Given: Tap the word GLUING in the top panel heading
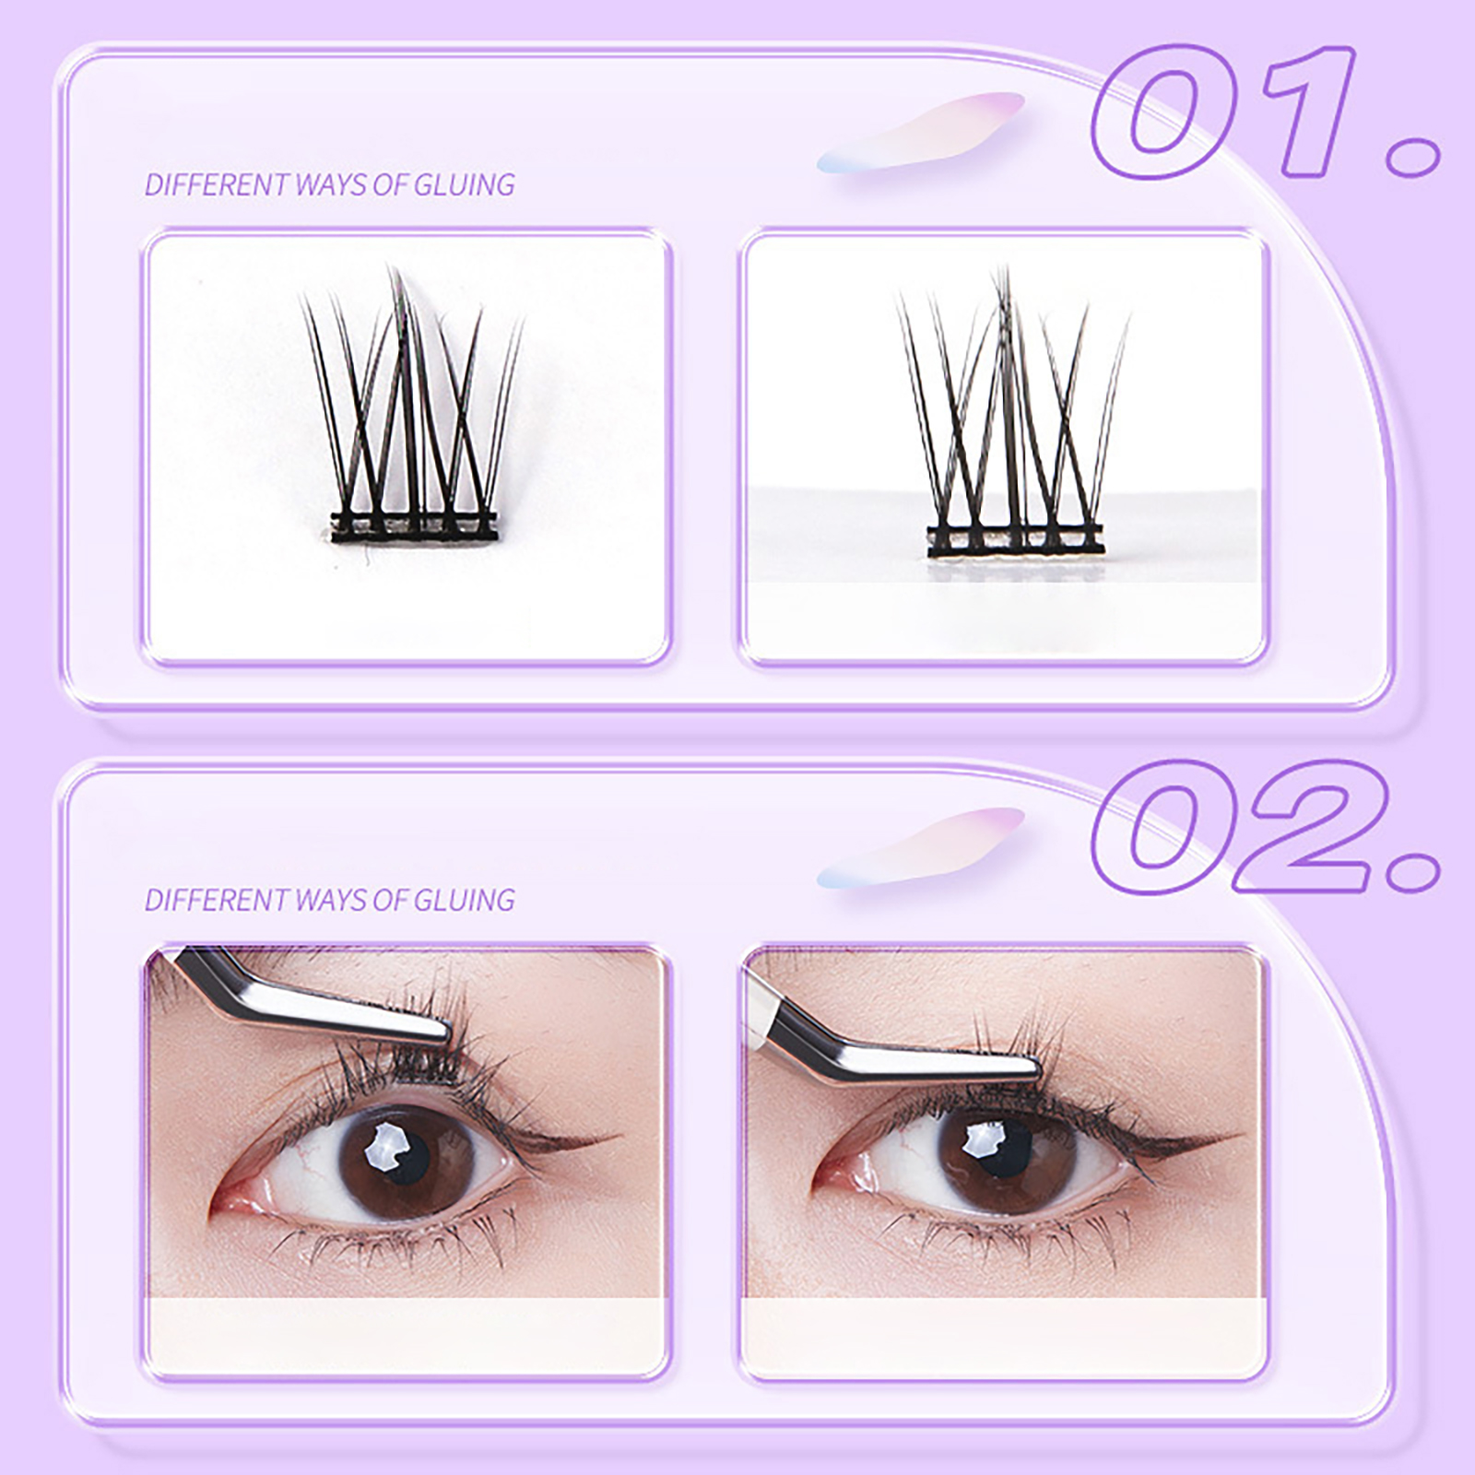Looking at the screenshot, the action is [464, 184].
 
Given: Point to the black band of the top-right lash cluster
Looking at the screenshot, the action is [1015, 541].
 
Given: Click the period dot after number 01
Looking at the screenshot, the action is [1412, 156].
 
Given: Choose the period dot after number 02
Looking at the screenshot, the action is [1412, 871].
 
